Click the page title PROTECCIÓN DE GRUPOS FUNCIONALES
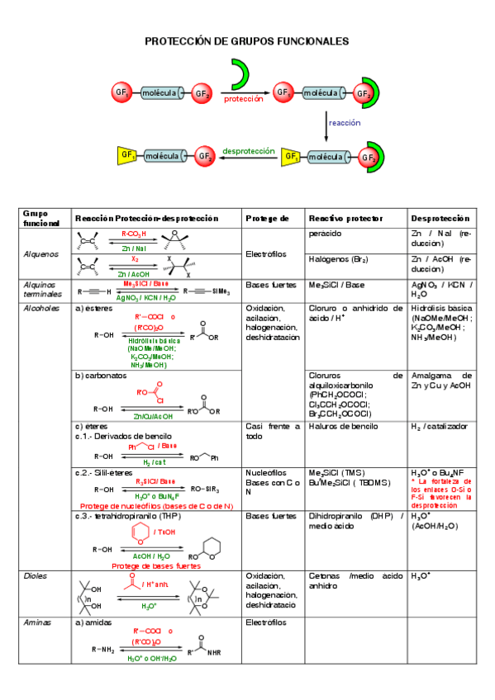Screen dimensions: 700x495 click(x=247, y=40)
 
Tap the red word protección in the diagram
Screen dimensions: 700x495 click(x=243, y=98)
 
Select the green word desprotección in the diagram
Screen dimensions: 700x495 click(x=248, y=151)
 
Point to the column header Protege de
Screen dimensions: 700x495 click(x=267, y=219)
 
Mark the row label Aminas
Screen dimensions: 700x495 click(x=37, y=622)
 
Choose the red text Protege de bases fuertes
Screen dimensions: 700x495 click(x=155, y=566)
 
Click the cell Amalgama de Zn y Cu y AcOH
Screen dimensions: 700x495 click(x=440, y=380)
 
